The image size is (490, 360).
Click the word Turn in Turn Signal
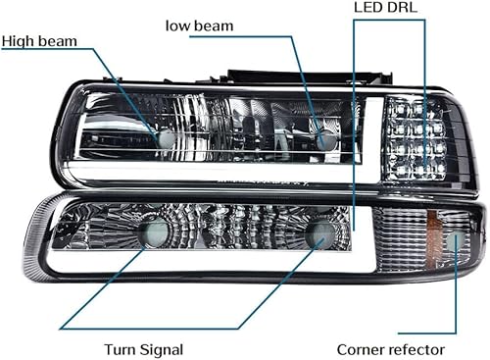click(122, 348)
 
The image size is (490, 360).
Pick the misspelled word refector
click(418, 349)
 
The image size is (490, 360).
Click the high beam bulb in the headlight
click(166, 140)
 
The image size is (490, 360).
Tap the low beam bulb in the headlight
click(324, 139)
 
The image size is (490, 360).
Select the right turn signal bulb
click(318, 234)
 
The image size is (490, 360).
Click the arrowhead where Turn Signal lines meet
click(61, 327)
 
